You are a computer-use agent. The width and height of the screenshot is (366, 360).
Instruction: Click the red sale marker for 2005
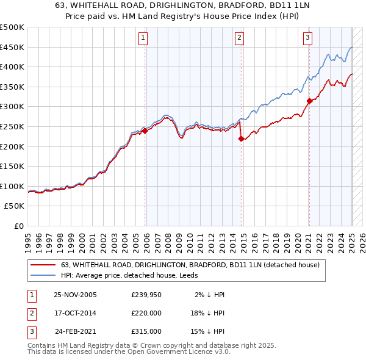[145, 131]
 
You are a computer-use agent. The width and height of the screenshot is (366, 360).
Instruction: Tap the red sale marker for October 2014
[241, 139]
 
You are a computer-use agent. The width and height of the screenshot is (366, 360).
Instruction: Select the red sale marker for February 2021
[309, 101]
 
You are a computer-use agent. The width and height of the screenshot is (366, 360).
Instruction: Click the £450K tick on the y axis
[12, 47]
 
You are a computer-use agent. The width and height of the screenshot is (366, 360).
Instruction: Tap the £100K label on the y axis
[12, 186]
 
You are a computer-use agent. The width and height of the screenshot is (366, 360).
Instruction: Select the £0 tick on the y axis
[20, 226]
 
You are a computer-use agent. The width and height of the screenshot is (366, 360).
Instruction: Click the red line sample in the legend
[43, 265]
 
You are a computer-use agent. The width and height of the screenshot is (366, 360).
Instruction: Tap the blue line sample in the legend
[43, 275]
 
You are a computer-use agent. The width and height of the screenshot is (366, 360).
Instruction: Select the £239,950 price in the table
[146, 295]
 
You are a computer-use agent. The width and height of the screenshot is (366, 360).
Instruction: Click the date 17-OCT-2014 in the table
[75, 313]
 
